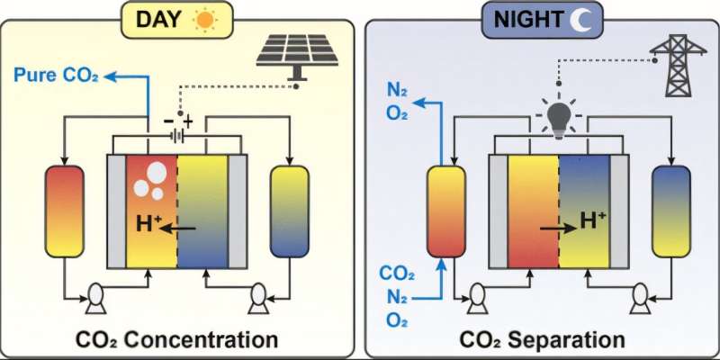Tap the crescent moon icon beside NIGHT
pos(565,19)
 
